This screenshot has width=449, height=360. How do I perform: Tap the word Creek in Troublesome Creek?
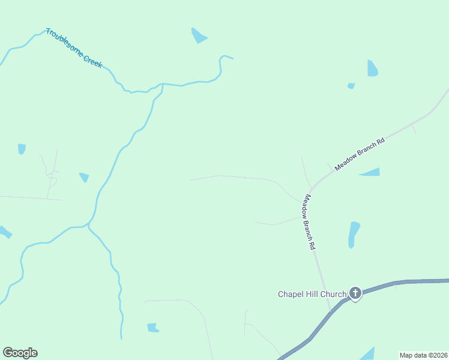(92, 58)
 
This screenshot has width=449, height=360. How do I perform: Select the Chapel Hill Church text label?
(312, 294)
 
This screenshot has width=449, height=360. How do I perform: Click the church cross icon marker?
(355, 293)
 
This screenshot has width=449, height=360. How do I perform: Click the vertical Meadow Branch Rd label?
(309, 222)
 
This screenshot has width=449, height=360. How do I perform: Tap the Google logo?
(20, 353)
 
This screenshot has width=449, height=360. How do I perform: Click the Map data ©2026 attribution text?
(424, 355)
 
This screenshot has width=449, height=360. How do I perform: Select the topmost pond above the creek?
(198, 36)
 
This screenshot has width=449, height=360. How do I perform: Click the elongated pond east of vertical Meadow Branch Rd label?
(354, 234)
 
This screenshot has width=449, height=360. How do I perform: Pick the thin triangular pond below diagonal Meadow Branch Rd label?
(371, 173)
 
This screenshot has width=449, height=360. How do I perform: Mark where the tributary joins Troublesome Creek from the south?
(163, 85)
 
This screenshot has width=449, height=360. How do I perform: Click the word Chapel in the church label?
(291, 294)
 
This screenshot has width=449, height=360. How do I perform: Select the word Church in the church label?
(334, 294)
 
